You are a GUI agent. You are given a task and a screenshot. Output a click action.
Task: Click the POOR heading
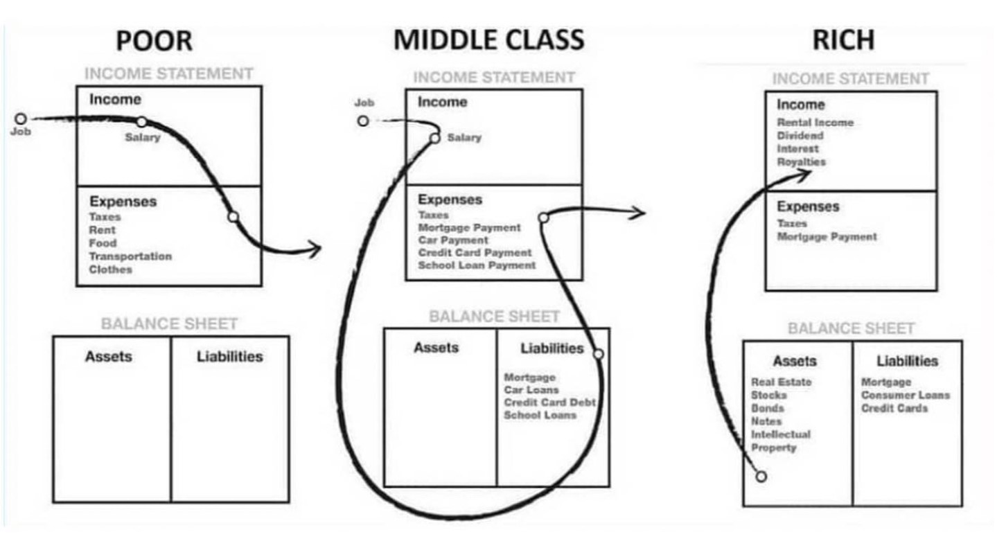[154, 40]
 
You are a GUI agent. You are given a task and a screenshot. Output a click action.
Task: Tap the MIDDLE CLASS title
[488, 39]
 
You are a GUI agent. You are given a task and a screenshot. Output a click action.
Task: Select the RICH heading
[843, 39]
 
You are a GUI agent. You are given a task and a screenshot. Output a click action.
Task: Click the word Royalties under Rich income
[801, 161]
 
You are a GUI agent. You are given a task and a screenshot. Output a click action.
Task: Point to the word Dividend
[800, 135]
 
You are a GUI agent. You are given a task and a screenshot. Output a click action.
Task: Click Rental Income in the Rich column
[815, 123]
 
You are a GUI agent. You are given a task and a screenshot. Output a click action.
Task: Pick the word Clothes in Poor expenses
[110, 269]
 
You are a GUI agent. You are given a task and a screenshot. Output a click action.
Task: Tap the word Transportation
[130, 256]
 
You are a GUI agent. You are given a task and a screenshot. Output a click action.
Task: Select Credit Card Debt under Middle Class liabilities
[549, 403]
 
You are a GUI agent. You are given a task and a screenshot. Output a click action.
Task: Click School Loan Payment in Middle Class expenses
[477, 265]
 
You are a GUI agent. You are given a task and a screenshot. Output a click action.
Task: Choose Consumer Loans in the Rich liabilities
[906, 396]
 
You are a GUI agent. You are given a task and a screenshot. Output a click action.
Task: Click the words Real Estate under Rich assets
[781, 382]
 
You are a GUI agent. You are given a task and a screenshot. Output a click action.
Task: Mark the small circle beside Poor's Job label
[21, 119]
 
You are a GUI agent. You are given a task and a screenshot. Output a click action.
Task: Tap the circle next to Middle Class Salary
[435, 139]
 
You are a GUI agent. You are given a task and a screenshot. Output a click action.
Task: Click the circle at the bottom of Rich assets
[761, 477]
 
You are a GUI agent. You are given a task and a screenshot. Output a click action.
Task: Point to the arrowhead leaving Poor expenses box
[315, 249]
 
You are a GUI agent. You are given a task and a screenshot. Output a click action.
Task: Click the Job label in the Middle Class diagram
[364, 103]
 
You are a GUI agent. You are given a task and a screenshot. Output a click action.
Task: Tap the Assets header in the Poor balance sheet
[109, 357]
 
